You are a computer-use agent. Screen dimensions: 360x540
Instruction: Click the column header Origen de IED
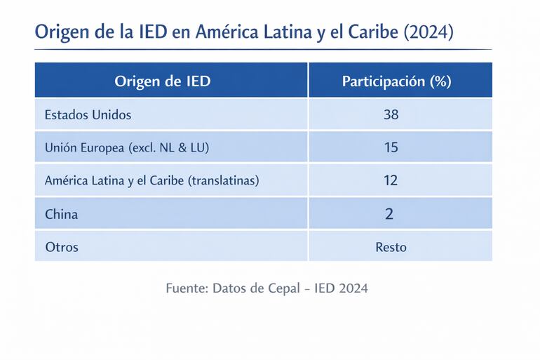[x=162, y=81]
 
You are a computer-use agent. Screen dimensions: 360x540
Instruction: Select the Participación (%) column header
[x=396, y=81]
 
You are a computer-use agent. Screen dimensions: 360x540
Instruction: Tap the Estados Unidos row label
[x=88, y=114]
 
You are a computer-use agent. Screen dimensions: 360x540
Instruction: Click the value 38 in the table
[x=391, y=114]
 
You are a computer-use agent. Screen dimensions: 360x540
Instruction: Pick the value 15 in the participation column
[x=391, y=147]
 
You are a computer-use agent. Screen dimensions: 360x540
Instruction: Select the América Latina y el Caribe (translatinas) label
[x=151, y=180]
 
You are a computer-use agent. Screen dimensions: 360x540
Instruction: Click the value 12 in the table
[x=391, y=180]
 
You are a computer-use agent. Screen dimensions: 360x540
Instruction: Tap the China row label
[x=61, y=214]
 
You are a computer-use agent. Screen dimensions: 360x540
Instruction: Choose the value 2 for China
[x=390, y=214]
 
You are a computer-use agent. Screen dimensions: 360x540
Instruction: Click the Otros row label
[x=62, y=247]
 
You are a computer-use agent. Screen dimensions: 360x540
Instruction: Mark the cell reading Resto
[x=391, y=247]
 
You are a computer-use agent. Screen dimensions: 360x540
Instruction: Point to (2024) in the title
[x=428, y=32]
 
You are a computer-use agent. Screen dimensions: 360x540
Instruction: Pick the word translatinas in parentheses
[x=223, y=180]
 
